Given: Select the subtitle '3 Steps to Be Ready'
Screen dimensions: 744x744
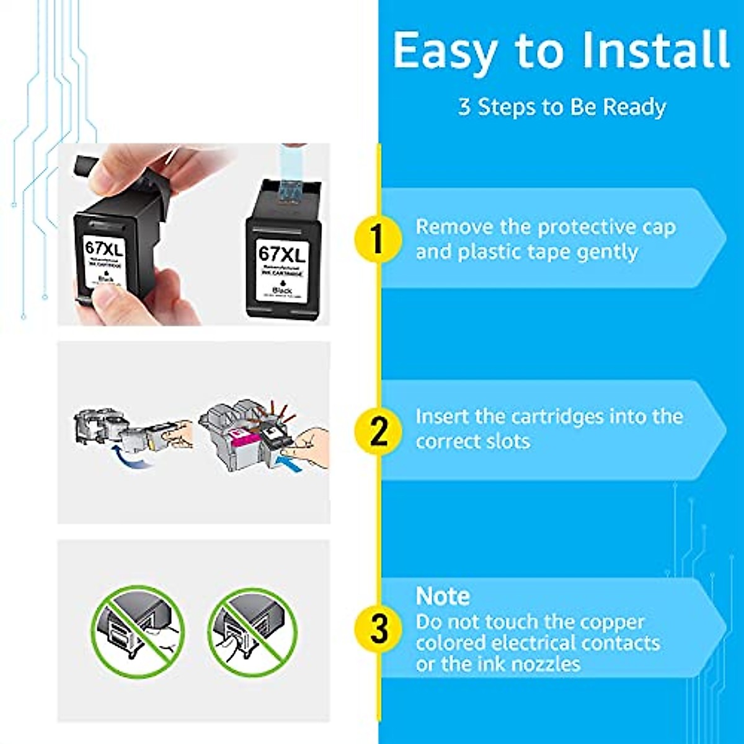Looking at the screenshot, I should [x=562, y=107].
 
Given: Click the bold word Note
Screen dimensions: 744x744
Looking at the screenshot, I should [x=443, y=596].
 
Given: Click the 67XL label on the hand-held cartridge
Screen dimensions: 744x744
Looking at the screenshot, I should [x=104, y=249].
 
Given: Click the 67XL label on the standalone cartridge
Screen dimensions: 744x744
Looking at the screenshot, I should [x=282, y=254].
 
